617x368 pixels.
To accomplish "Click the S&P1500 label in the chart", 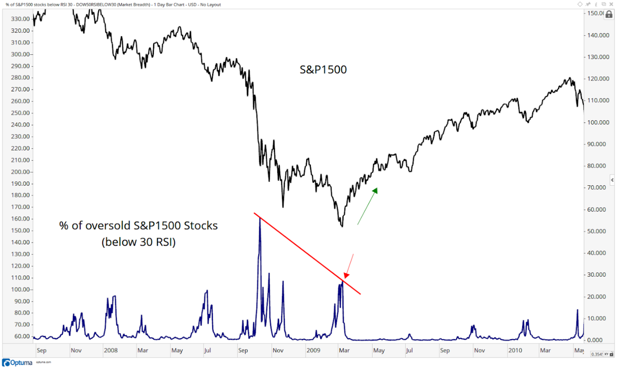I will (x=323, y=70).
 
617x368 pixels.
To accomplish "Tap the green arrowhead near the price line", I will (x=375, y=190).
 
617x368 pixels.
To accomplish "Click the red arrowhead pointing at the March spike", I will (x=346, y=275).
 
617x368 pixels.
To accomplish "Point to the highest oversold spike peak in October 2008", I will (x=260, y=218).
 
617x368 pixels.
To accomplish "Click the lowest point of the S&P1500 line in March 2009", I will (x=342, y=226).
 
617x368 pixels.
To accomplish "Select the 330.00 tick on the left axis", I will (x=20, y=19).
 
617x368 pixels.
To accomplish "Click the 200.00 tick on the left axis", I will (x=20, y=172).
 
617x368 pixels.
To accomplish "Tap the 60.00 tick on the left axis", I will (x=22, y=337).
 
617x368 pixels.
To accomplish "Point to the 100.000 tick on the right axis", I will (x=598, y=122).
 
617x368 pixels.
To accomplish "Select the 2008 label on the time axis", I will (x=110, y=350).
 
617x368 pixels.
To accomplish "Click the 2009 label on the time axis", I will (x=313, y=350).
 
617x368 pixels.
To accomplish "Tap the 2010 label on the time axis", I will (x=515, y=350).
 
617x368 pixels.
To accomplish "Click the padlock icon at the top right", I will (x=609, y=14).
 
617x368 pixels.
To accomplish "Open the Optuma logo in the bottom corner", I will (x=17, y=363).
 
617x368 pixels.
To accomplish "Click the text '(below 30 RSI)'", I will (x=139, y=242).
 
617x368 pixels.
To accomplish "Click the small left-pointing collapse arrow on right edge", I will (x=612, y=180).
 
